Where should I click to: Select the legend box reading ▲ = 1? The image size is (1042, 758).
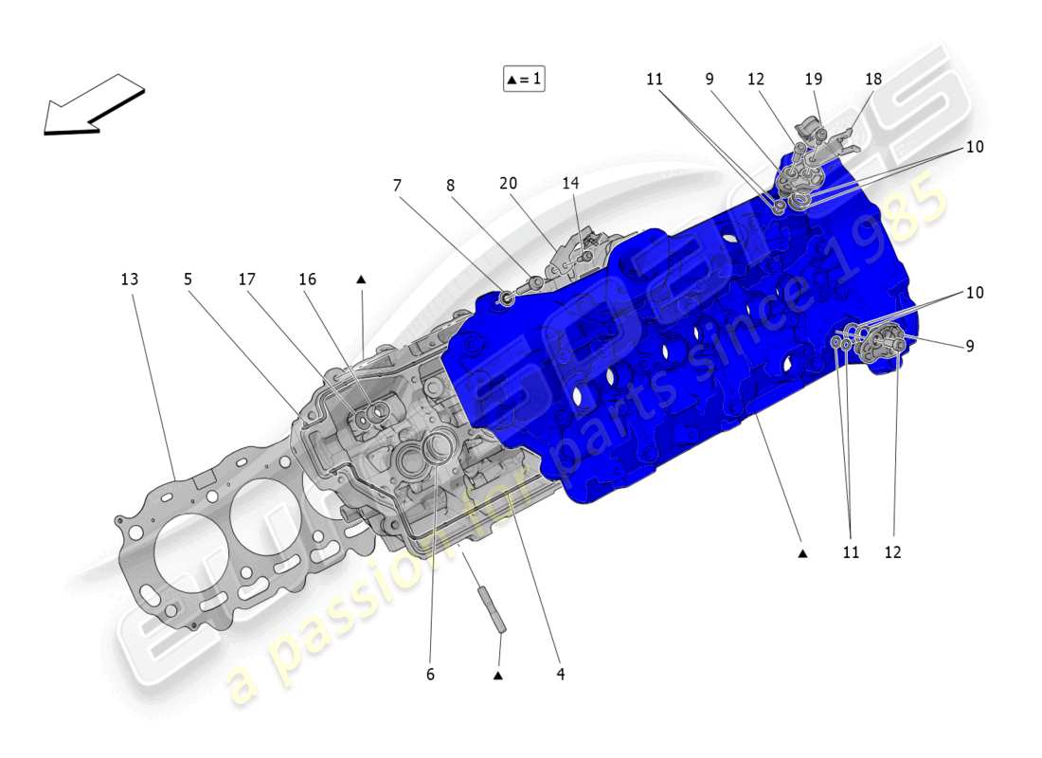[x=524, y=79]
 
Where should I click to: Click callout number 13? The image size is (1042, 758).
[x=129, y=280]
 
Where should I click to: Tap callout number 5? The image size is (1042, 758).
[x=188, y=280]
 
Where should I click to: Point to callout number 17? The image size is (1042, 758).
[x=247, y=280]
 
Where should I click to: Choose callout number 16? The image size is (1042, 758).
[x=307, y=280]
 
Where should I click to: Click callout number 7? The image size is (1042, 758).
[x=396, y=185]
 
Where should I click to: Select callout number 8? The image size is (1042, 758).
[x=451, y=185]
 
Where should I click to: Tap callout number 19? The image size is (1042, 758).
[x=814, y=80]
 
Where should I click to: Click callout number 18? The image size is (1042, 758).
[x=872, y=80]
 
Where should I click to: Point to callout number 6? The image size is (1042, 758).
[x=429, y=675]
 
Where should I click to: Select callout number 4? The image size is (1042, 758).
[x=560, y=675]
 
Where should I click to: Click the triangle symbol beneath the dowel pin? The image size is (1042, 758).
[x=497, y=676]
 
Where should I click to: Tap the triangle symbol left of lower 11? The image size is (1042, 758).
[x=802, y=552]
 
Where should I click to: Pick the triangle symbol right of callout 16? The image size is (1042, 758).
[x=361, y=280]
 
